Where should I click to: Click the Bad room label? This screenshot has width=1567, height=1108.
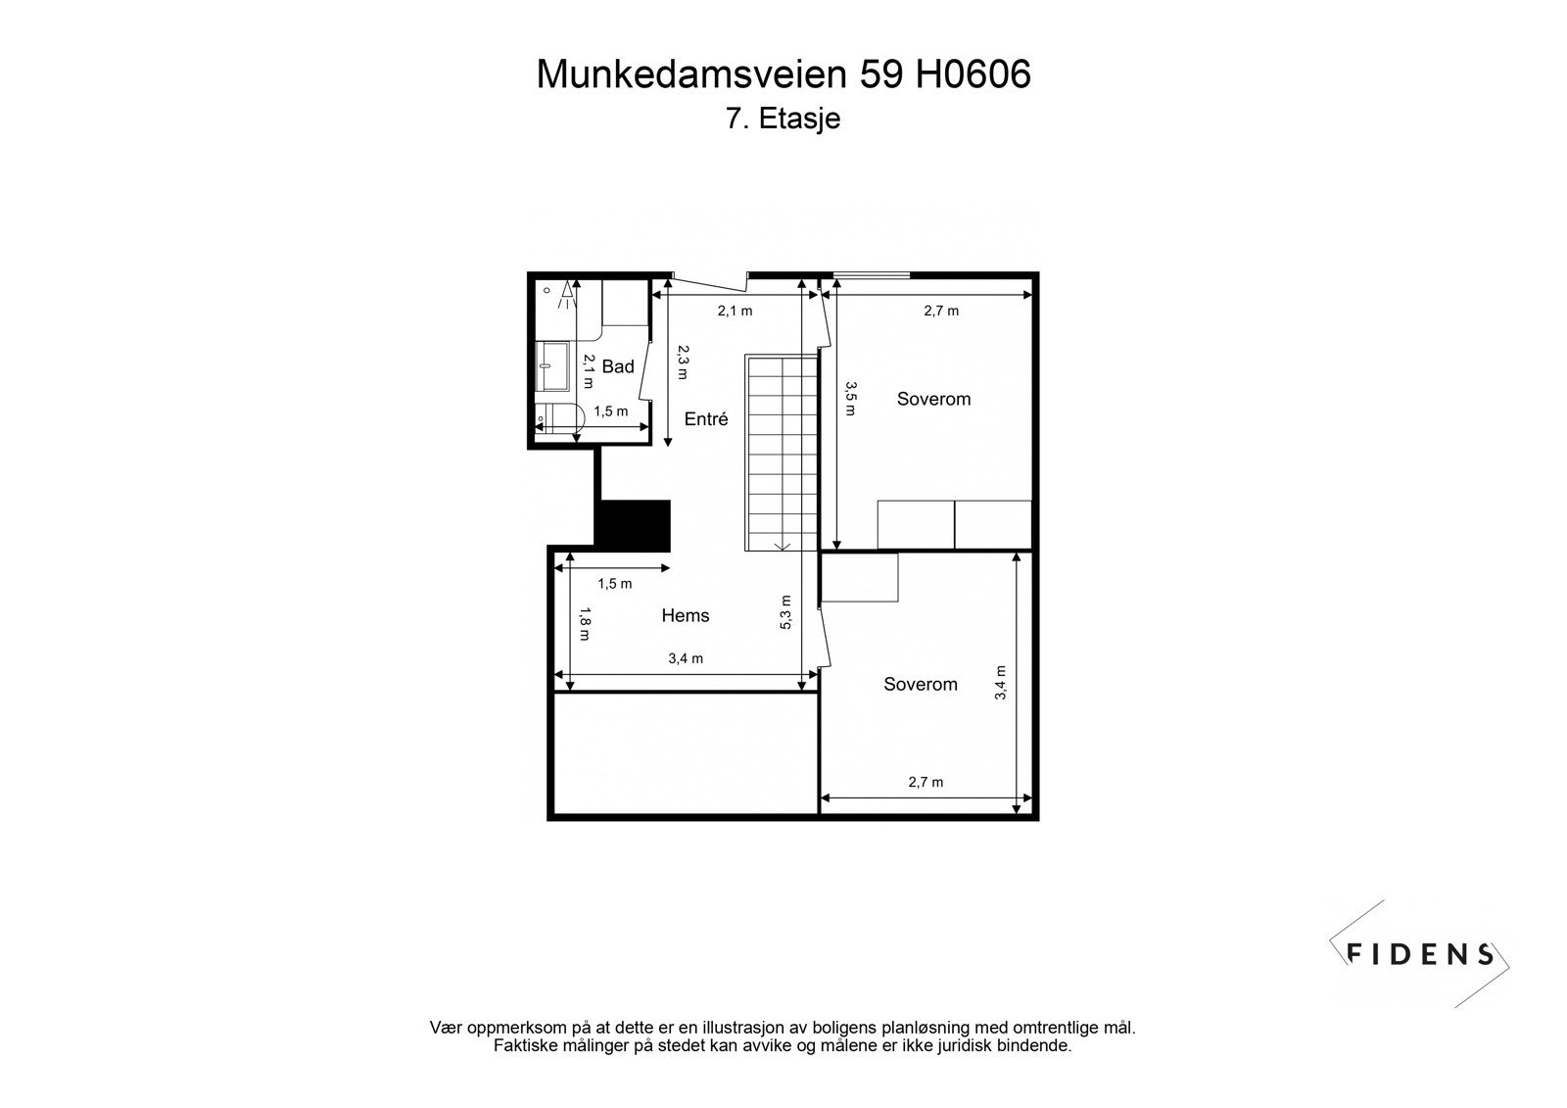(618, 366)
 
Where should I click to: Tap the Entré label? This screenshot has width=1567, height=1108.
(706, 418)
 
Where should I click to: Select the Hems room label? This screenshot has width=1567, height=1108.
(686, 615)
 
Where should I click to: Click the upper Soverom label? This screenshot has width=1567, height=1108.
(933, 399)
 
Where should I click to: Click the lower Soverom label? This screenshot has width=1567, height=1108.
(920, 684)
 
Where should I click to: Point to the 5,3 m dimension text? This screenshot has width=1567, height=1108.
(785, 612)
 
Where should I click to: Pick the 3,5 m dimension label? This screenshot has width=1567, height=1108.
(850, 399)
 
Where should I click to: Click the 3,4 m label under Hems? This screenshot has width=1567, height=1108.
(686, 658)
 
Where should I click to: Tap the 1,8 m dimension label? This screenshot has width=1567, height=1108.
(584, 623)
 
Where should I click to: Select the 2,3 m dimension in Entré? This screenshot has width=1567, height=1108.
(683, 361)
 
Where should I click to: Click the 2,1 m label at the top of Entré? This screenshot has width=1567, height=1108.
(735, 311)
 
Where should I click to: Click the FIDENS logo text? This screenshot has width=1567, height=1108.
(1420, 953)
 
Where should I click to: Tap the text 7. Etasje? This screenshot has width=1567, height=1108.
(783, 120)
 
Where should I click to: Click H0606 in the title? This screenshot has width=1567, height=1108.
(973, 74)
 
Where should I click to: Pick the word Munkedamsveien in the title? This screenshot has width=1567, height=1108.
(691, 74)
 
